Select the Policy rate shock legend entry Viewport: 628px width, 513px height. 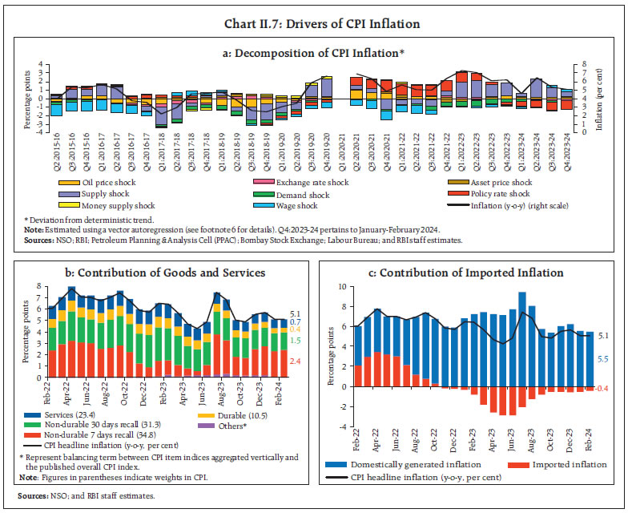pos(497,194)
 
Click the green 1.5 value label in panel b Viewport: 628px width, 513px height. pos(295,341)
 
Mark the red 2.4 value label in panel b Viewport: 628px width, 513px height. pos(295,362)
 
